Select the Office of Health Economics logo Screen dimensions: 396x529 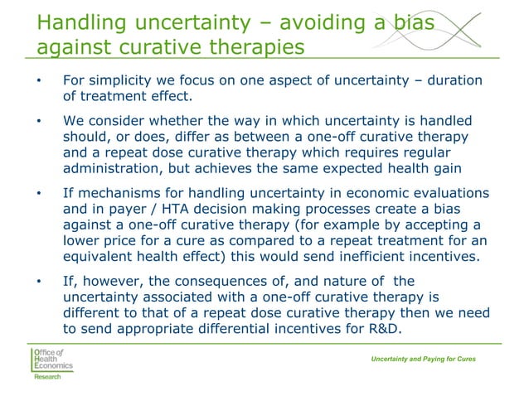coord(51,358)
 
